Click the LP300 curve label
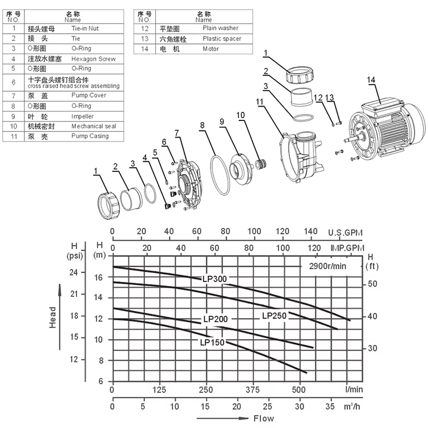tap(215, 279)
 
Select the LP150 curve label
tap(212, 342)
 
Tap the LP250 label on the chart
tap(274, 316)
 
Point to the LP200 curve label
tap(216, 319)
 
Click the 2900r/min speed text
tap(328, 266)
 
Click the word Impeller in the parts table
tap(82, 116)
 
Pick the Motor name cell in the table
tap(211, 49)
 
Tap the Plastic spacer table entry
tap(221, 39)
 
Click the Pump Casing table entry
tap(90, 136)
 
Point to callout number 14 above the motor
tap(372, 80)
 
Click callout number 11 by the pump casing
tap(260, 102)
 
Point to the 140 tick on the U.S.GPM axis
tap(311, 231)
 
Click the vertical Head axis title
tap(53, 317)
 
